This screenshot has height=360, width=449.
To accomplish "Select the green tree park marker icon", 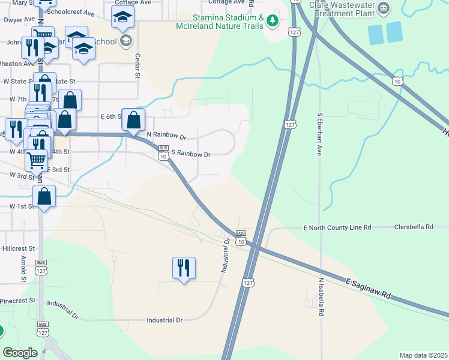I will (273, 21).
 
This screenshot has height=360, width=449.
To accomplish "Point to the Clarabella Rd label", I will (414, 227).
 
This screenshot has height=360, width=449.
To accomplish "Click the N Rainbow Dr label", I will (166, 136).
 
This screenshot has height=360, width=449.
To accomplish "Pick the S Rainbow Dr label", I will (191, 154).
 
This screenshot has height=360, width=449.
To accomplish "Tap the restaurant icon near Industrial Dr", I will (184, 268).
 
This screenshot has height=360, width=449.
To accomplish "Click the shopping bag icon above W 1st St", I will (44, 196).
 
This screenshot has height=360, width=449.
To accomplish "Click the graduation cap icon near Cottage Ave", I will (122, 18).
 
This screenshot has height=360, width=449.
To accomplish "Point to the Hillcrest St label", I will (19, 248).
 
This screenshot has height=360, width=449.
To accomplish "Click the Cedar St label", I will (137, 67).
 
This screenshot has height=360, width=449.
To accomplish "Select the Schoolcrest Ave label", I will (70, 12).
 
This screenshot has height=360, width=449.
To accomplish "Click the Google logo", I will (20, 353).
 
